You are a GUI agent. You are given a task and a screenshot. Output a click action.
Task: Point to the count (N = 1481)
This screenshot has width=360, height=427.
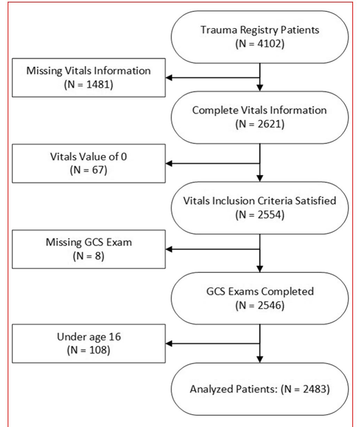click(x=88, y=85)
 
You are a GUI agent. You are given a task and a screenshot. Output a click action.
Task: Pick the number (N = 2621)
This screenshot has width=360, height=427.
click(x=260, y=124)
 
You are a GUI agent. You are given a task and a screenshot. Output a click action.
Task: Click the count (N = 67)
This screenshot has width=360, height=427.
click(x=88, y=171)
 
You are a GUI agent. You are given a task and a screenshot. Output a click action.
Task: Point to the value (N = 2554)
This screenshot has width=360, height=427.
click(x=260, y=215)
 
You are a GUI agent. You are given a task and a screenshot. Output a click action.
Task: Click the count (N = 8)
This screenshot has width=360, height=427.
click(x=88, y=257)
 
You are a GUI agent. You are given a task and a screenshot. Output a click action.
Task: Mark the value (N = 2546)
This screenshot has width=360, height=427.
click(x=260, y=305)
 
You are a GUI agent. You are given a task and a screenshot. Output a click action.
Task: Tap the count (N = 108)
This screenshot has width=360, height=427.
click(x=88, y=350)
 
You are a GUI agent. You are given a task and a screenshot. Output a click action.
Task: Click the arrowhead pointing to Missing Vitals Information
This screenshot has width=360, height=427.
click(x=169, y=78)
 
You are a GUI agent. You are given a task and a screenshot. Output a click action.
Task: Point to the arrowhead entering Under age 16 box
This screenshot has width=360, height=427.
click(x=169, y=344)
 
